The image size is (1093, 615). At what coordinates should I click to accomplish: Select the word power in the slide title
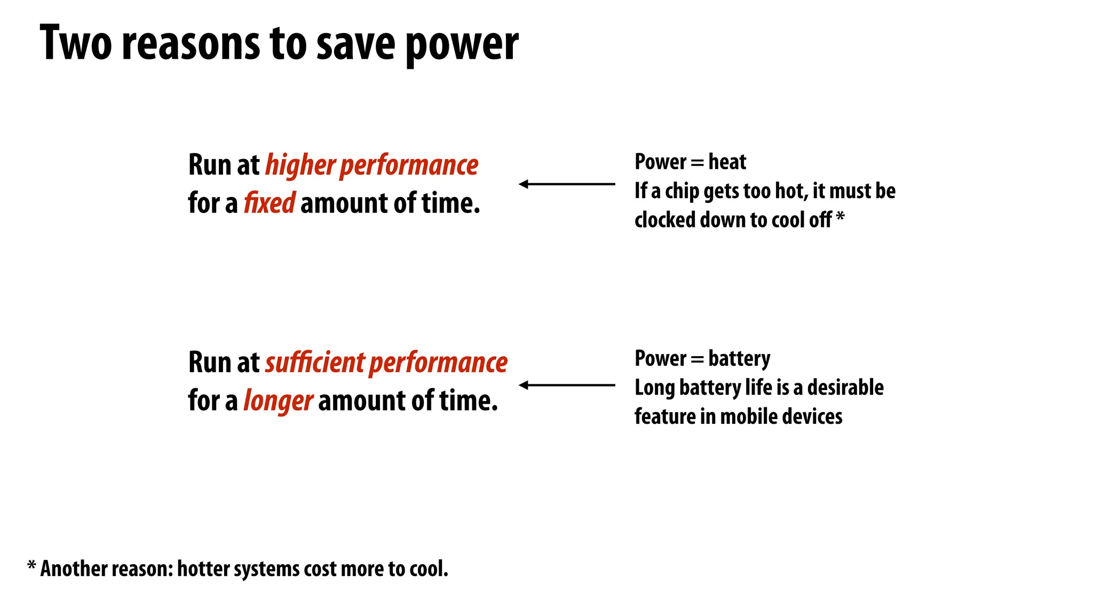(x=462, y=45)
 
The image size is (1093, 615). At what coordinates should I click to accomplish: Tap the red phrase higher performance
(x=371, y=165)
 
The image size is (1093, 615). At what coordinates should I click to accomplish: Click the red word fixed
(x=269, y=203)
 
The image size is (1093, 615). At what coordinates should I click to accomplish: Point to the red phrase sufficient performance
(x=386, y=362)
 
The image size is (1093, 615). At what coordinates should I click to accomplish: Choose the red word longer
(x=278, y=401)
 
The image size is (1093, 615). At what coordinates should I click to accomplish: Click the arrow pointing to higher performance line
(x=566, y=184)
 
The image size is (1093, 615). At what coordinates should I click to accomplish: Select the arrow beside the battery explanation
(x=566, y=385)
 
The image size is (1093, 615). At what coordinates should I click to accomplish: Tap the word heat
(x=727, y=162)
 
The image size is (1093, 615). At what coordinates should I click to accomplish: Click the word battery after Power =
(x=739, y=359)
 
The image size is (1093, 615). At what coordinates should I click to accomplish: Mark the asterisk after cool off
(x=840, y=217)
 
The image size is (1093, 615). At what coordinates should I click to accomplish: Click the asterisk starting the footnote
(x=31, y=566)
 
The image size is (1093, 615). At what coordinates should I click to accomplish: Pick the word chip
(x=682, y=192)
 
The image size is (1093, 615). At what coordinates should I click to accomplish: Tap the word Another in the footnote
(x=73, y=569)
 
